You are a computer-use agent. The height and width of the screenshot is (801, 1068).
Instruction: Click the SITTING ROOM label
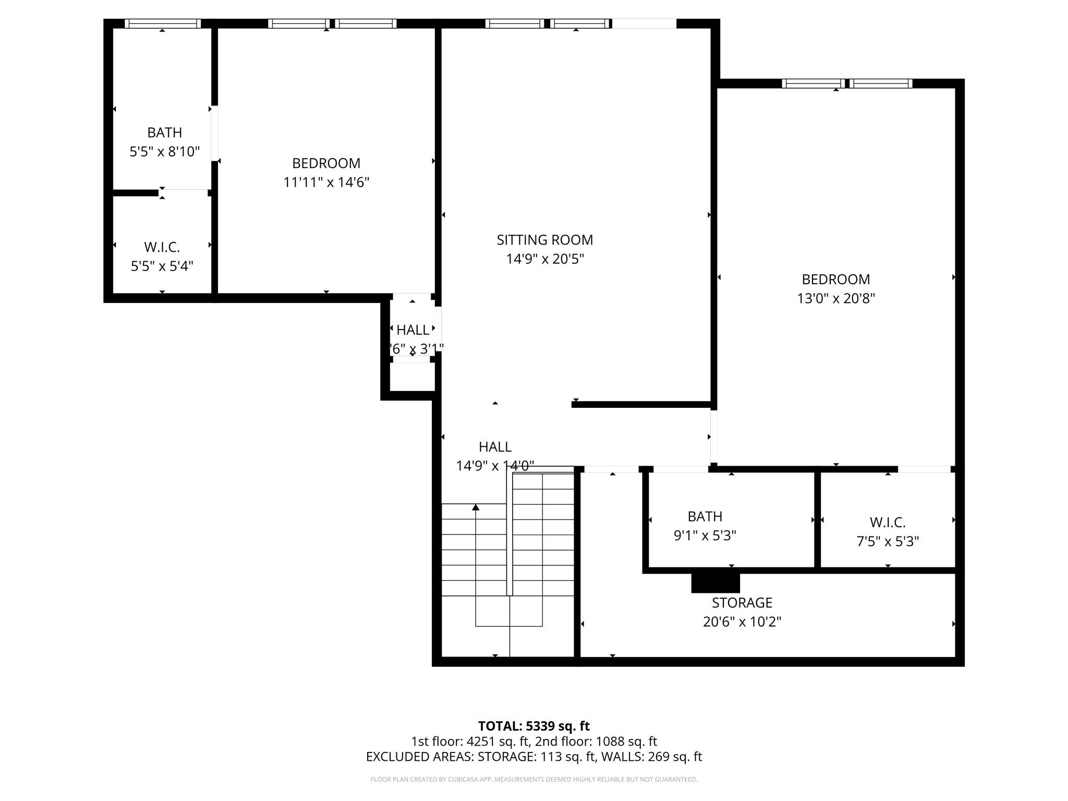coord(544,240)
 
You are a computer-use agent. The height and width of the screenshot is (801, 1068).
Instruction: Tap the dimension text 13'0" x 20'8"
coord(835,299)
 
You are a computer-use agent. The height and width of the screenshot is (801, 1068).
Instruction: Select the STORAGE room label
coord(742,603)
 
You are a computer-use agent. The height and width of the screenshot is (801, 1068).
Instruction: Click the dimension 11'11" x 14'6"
coord(326,183)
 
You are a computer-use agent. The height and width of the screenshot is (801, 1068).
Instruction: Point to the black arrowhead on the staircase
coord(476,507)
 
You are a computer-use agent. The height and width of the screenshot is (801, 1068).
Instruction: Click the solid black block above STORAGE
coord(715,583)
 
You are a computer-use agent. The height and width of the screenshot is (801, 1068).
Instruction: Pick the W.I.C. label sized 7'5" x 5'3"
coord(887,523)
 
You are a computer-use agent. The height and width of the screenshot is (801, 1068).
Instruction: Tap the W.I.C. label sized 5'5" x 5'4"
coord(162,247)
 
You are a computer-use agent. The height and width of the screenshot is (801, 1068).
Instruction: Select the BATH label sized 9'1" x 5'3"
coord(705,517)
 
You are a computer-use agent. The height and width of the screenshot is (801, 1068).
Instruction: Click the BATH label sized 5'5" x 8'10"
coord(164,132)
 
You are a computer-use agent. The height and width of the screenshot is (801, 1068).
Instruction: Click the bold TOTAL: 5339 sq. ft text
coord(533,726)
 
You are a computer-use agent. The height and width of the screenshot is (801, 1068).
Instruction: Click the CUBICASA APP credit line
coord(533,780)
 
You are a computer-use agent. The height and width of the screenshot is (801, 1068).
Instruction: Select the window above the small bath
coord(162,23)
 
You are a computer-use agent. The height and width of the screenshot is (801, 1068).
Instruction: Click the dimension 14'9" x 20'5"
coord(544,259)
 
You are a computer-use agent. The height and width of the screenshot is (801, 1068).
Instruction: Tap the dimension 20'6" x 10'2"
coord(742,622)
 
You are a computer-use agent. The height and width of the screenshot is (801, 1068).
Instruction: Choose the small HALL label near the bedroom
coord(412,330)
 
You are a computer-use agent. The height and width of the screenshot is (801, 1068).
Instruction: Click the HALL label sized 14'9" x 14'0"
coord(494,447)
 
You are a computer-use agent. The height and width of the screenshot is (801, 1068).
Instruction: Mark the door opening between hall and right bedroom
coord(713,436)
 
